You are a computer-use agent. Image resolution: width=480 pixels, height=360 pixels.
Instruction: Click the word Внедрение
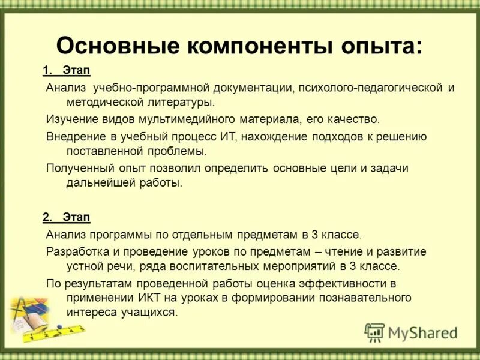(75, 136)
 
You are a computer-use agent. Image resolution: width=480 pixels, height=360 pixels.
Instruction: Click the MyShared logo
(411, 332)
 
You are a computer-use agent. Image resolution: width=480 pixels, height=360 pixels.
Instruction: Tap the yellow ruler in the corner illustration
(57, 332)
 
